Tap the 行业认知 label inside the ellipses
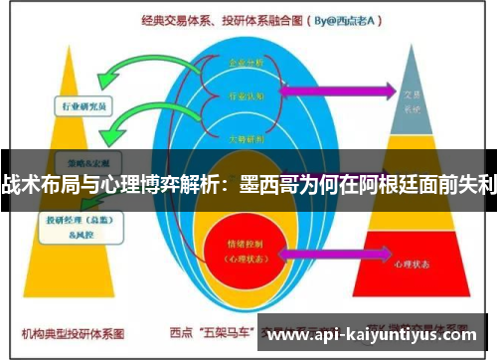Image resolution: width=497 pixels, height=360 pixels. (248, 96)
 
